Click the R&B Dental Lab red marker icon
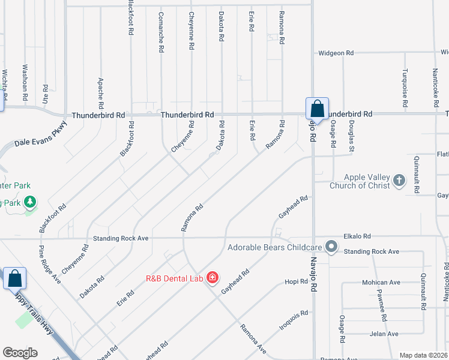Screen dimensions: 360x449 (212, 277)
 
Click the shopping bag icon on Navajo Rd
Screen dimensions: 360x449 (317, 109)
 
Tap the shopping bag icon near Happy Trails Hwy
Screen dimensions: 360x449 (14, 278)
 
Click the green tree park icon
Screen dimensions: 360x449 (29, 203)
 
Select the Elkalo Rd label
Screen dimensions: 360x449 (358, 236)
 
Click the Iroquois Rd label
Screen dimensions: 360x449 (294, 318)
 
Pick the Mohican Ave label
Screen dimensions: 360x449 (381, 282)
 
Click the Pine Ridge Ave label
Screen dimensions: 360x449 (50, 264)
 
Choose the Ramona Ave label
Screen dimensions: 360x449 (253, 338)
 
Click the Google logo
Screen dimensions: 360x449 (20, 353)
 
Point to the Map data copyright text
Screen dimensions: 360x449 (423, 355)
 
